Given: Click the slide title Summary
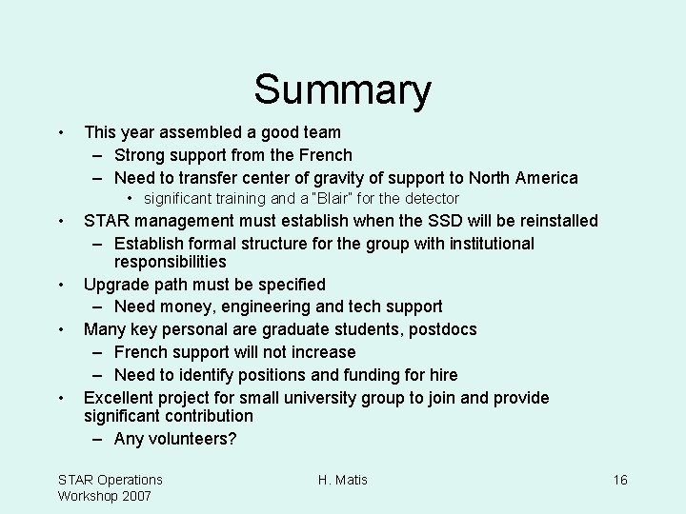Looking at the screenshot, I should click(x=342, y=90).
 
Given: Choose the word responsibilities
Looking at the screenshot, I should click(x=170, y=262).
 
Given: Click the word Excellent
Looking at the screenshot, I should click(x=121, y=398).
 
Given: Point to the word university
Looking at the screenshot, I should click(x=333, y=398).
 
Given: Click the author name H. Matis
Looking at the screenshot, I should click(x=343, y=480).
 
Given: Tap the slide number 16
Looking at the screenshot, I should click(x=619, y=480).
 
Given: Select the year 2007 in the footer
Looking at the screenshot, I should click(x=134, y=496).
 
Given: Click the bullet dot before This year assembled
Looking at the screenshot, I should click(x=60, y=132).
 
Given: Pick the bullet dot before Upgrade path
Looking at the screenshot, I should click(x=60, y=285).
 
